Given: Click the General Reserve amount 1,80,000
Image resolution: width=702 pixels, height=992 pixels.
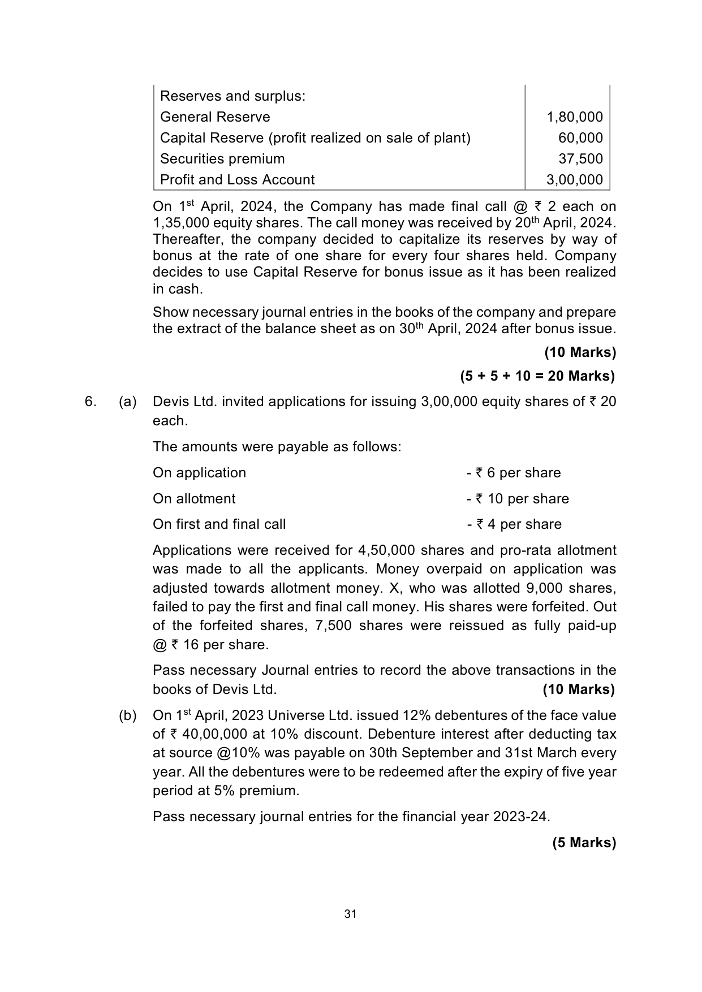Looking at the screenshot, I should tap(575, 117).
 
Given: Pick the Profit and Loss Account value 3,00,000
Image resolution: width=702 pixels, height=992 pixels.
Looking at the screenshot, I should tap(575, 180).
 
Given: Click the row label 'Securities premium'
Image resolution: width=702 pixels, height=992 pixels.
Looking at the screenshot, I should tap(222, 159).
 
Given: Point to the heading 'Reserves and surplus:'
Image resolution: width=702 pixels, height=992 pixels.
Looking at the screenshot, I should tap(232, 96).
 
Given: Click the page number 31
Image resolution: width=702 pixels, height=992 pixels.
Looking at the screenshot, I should tap(351, 915).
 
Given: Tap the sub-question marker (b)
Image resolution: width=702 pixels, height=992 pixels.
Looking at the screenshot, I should tap(128, 715).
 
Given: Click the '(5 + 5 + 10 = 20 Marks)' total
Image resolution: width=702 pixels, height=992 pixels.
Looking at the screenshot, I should tap(537, 376).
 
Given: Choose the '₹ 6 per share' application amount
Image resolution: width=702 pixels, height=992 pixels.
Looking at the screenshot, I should tap(518, 473).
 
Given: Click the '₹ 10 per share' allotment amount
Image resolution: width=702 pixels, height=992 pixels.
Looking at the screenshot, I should tap(522, 499).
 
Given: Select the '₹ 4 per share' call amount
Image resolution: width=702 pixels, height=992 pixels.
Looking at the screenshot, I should tap(518, 524).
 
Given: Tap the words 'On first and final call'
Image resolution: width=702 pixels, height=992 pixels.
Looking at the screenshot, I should tap(219, 524).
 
